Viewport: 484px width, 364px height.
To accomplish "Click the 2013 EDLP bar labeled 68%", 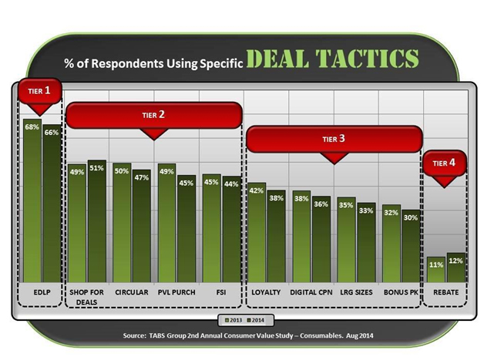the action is click(x=32, y=201).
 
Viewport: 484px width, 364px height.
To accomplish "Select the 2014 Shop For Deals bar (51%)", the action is click(x=97, y=221).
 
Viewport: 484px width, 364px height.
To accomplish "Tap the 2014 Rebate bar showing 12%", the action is click(x=456, y=268).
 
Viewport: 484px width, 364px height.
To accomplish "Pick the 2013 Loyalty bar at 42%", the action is click(x=257, y=232).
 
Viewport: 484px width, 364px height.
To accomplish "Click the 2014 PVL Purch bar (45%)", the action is click(x=187, y=229).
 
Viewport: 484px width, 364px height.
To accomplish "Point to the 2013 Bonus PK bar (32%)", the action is click(x=392, y=243).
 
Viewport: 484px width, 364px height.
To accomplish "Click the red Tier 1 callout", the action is click(x=39, y=96).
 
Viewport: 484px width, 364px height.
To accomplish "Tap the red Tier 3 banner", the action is click(x=334, y=144).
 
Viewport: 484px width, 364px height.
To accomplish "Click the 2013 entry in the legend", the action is click(x=234, y=320).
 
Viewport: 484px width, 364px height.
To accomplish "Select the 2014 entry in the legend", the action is click(x=256, y=320).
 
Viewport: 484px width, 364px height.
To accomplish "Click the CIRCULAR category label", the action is click(x=132, y=292).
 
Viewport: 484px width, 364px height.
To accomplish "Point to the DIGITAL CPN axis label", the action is click(x=311, y=292).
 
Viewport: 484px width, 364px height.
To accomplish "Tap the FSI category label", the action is click(x=221, y=292).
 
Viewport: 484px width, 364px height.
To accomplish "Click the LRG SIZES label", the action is click(x=356, y=292).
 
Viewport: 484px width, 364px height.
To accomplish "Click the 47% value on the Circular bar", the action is click(x=142, y=177).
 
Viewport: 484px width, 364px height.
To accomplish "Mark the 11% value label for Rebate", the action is click(x=436, y=265).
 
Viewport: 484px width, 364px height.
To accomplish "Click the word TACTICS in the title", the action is click(x=367, y=59).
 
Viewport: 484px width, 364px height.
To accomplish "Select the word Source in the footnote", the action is click(x=133, y=335).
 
